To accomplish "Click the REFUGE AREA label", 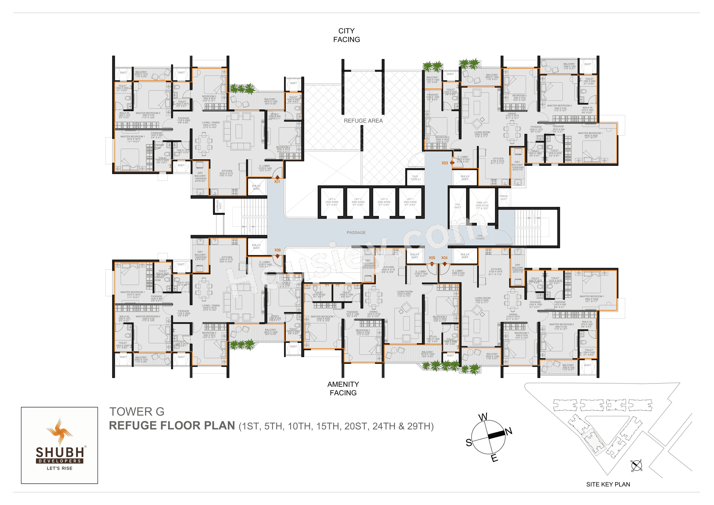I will pos(363,121).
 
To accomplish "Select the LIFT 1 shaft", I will pos(410,202).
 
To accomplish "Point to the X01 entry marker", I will pos(277,181).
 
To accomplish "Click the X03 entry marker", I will pos(445,163).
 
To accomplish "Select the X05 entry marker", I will pos(432,258).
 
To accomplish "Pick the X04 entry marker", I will pos(444,258).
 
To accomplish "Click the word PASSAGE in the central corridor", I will pos(356,233).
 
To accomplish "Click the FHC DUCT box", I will pos(457,206).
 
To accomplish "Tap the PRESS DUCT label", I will pos(503,198).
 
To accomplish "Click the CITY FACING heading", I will pos(346,35).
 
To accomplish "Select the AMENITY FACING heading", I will pos(343,388).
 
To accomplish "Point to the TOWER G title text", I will pos(137,412).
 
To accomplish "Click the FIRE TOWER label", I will pos(480,237).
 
